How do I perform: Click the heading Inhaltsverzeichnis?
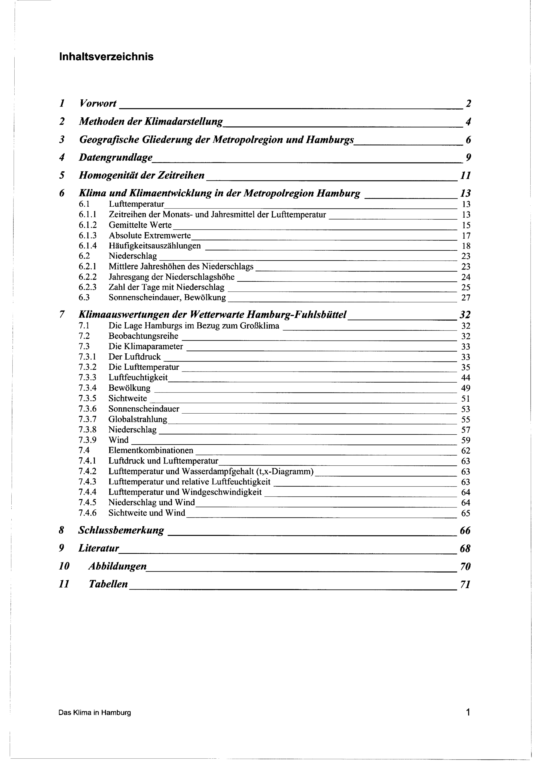click(x=106, y=57)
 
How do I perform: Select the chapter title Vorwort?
click(x=98, y=103)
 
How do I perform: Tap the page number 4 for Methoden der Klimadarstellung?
click(x=468, y=122)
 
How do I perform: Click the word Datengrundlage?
click(x=115, y=157)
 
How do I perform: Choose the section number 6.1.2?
click(x=87, y=225)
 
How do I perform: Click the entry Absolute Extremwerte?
click(x=150, y=236)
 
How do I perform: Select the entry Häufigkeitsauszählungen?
click(x=155, y=246)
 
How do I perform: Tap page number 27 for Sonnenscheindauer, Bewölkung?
click(x=466, y=298)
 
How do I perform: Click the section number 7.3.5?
click(x=87, y=398)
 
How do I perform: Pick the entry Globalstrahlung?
click(x=138, y=419)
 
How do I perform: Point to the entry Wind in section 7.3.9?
click(x=118, y=440)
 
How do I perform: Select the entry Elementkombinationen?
click(x=151, y=450)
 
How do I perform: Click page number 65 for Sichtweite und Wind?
click(x=465, y=513)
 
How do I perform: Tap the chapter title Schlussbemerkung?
click(x=121, y=530)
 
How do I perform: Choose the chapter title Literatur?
click(x=99, y=548)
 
